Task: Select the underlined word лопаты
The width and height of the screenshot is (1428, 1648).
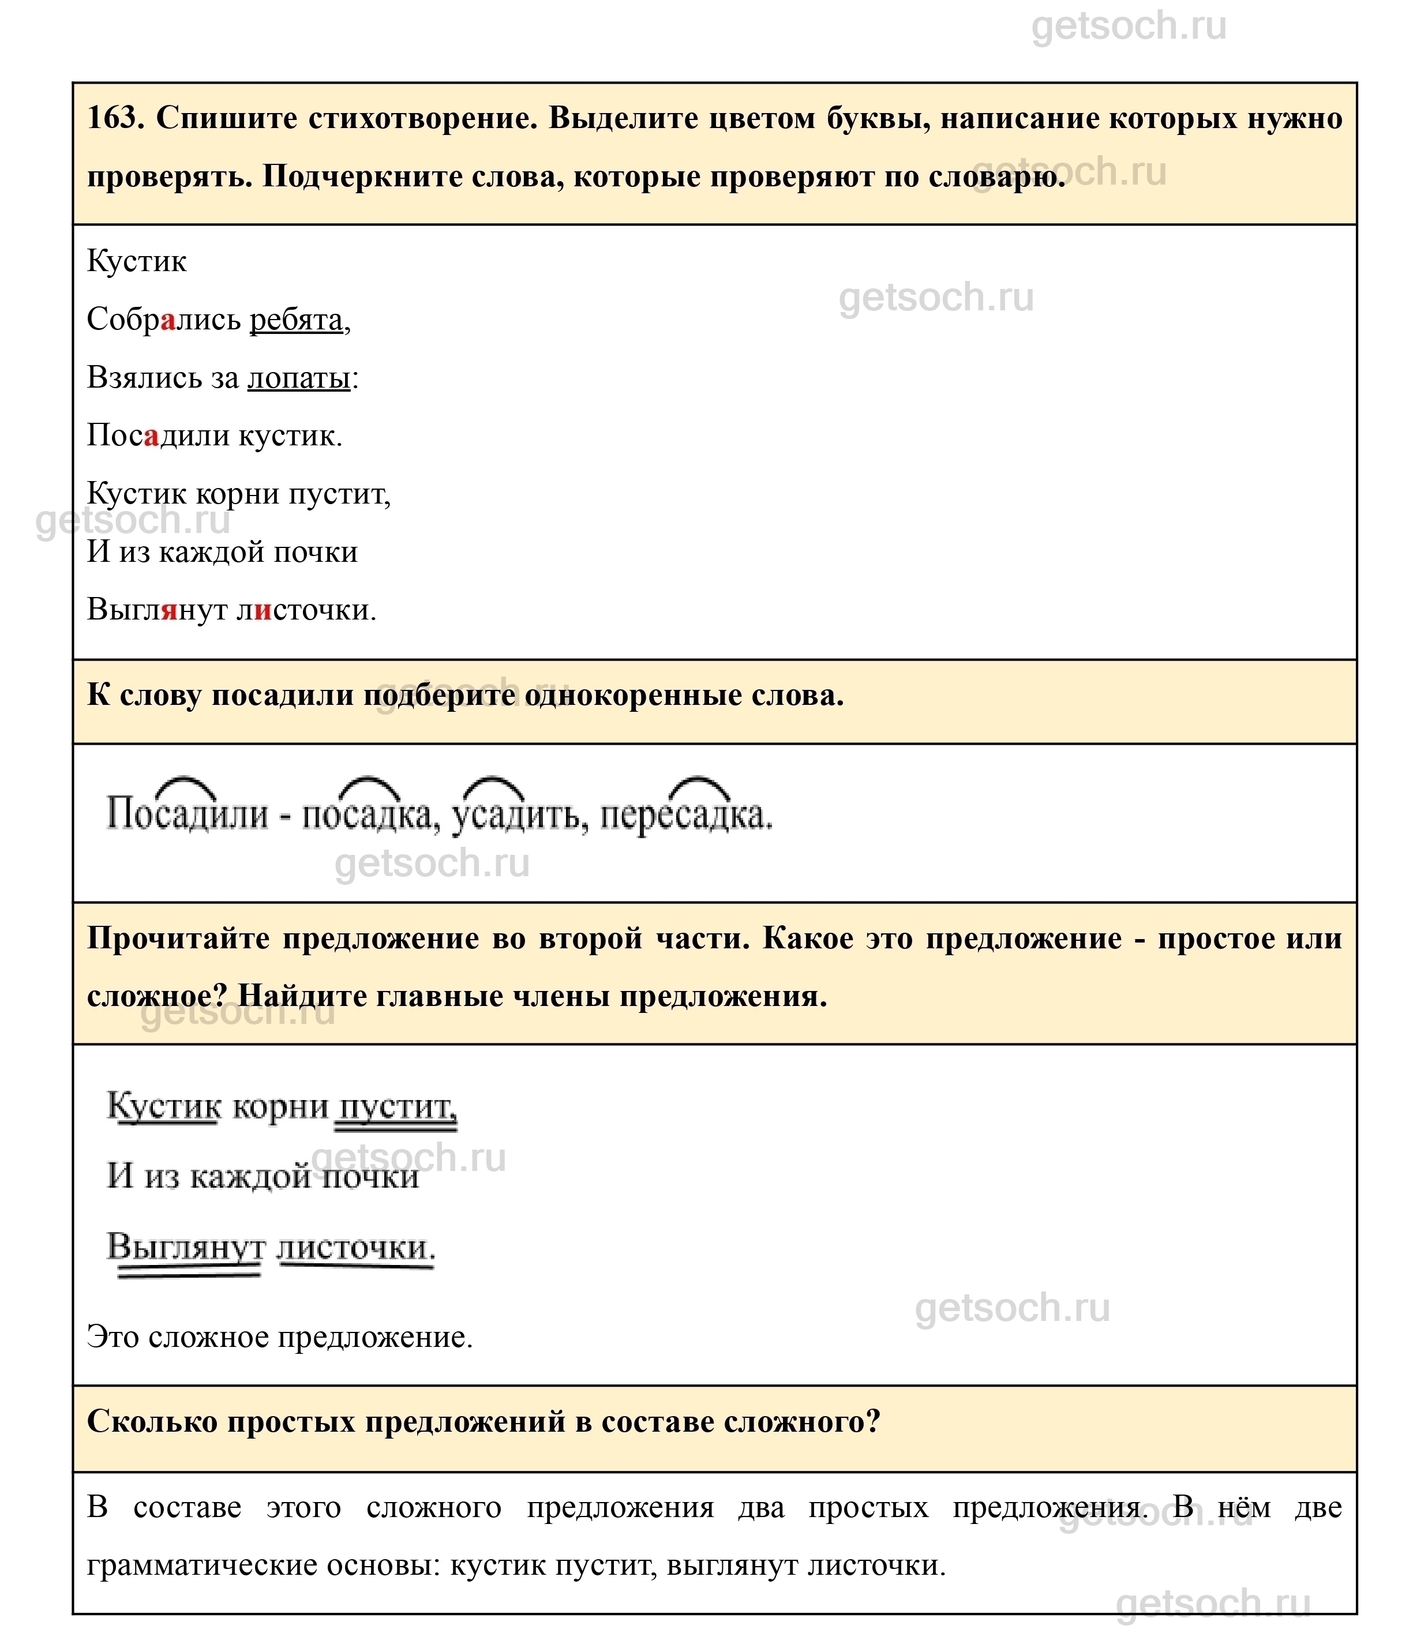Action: click(299, 378)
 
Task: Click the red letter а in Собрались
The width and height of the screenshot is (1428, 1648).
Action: click(167, 320)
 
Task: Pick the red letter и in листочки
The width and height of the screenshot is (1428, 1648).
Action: click(263, 610)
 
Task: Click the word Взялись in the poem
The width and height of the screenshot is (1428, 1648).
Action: click(144, 378)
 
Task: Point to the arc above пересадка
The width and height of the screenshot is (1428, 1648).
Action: click(699, 786)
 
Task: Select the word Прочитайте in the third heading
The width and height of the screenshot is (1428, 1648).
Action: click(179, 939)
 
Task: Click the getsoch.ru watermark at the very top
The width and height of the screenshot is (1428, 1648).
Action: click(1129, 27)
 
